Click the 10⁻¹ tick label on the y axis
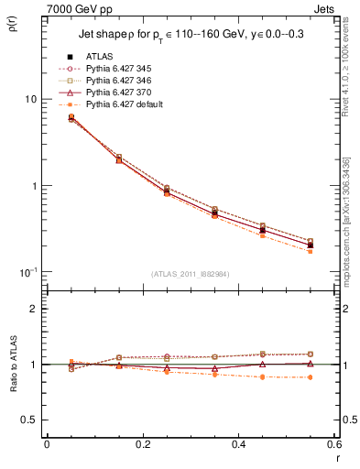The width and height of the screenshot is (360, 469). point(27,272)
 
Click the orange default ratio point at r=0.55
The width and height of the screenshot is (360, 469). point(310,377)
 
